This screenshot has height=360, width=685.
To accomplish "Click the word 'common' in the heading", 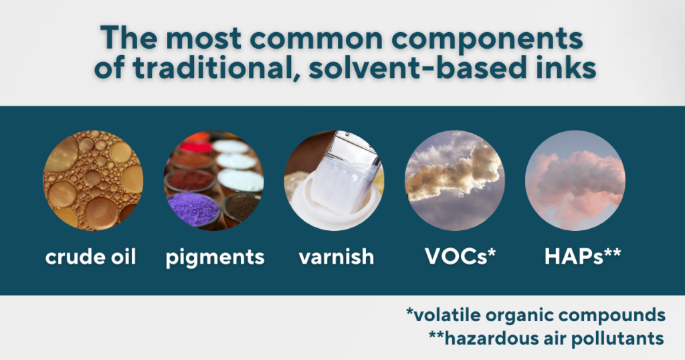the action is click(316, 38).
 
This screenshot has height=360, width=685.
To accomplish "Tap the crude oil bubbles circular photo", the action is click(93, 181).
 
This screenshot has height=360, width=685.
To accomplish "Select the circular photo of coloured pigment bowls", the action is click(213, 181).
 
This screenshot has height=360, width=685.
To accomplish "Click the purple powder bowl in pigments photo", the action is click(193, 209).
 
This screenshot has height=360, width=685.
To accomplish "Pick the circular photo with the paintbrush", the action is click(334, 181).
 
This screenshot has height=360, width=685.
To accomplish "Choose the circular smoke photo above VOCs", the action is click(455, 181).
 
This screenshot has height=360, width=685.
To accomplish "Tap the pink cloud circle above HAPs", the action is click(575, 181).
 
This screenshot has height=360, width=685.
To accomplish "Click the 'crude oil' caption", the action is click(91, 256).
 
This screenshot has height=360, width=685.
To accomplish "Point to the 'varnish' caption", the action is click(336, 256).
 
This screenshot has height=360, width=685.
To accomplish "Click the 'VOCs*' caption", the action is click(460, 256).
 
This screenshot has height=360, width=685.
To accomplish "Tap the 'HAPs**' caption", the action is click(583, 256).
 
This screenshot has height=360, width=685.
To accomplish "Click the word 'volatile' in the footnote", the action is click(446, 314).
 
